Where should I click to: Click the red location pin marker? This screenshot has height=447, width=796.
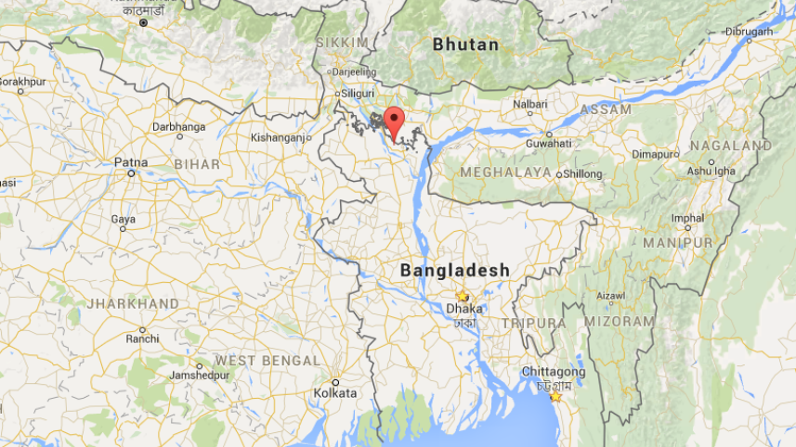(394, 121)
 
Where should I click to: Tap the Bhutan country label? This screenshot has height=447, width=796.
(465, 45)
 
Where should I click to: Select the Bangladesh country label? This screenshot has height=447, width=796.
(454, 270)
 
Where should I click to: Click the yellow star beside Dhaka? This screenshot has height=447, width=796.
(462, 296)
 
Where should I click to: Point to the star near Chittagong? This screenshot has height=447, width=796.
(555, 396)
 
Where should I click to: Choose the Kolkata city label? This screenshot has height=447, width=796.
(335, 393)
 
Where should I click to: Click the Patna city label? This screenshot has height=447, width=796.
(131, 162)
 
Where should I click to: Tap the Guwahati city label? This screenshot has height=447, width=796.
(548, 144)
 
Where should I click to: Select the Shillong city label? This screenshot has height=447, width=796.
(583, 173)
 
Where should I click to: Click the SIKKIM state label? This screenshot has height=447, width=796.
(342, 43)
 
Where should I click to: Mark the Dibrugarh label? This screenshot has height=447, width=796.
(750, 32)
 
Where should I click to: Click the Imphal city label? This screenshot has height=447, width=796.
(687, 219)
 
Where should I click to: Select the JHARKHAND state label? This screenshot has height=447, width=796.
(133, 304)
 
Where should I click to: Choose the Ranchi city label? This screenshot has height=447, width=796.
(143, 338)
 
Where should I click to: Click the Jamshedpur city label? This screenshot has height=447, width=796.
(200, 376)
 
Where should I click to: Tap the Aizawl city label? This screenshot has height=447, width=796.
(610, 296)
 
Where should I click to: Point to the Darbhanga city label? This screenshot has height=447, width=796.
(178, 125)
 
